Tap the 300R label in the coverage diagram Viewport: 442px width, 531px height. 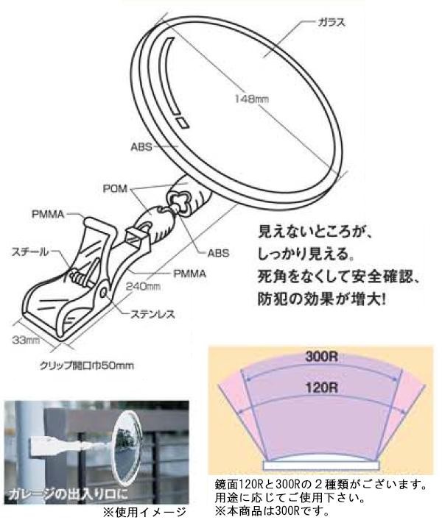320,360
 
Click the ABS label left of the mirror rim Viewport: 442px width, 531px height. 141,146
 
